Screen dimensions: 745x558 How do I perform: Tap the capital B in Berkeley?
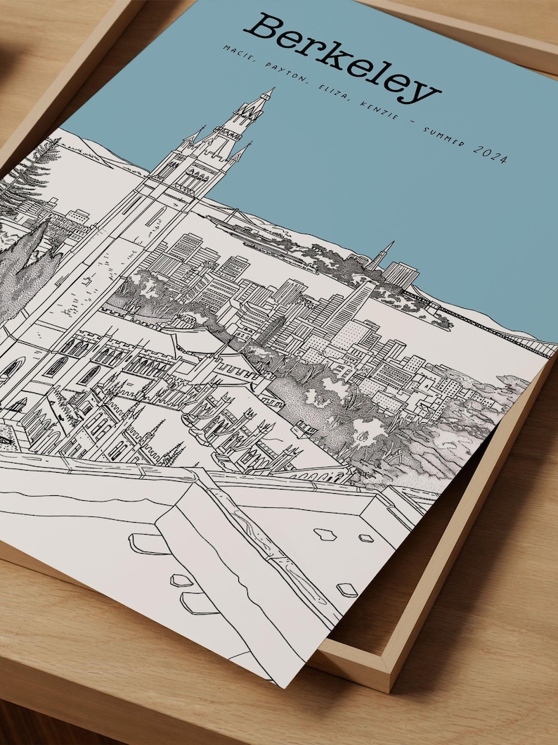coord(264,28)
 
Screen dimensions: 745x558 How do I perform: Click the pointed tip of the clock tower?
coord(271,90)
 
